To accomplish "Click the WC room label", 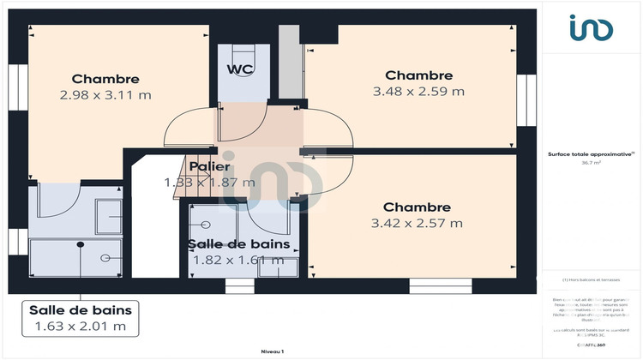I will pos(239,69).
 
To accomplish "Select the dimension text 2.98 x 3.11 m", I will pos(105,96).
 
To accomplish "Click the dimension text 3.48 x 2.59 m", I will pos(418,91).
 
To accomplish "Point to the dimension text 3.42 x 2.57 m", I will pos(417,224).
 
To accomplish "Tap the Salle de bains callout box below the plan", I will pos(79,317).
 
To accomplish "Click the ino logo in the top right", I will pos(592,28).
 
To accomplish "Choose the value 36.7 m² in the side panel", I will pos(592,162).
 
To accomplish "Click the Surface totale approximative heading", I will pos(591,153).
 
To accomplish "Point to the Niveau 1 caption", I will pos(272,352).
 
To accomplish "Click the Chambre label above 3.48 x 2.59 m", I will pos(418,75).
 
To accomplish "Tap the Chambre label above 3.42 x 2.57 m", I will pos(417,207).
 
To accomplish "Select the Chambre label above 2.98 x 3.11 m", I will pos(105,79).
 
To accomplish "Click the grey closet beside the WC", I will pos(291,64).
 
